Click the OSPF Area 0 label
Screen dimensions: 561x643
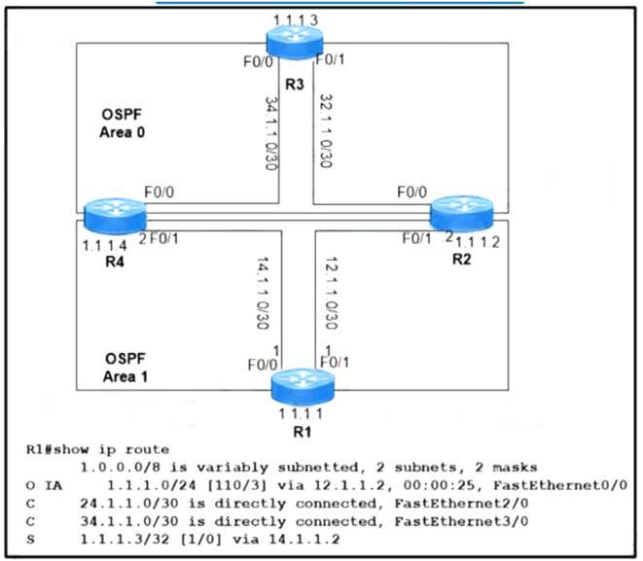point(120,123)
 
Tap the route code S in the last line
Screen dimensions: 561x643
point(31,538)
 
